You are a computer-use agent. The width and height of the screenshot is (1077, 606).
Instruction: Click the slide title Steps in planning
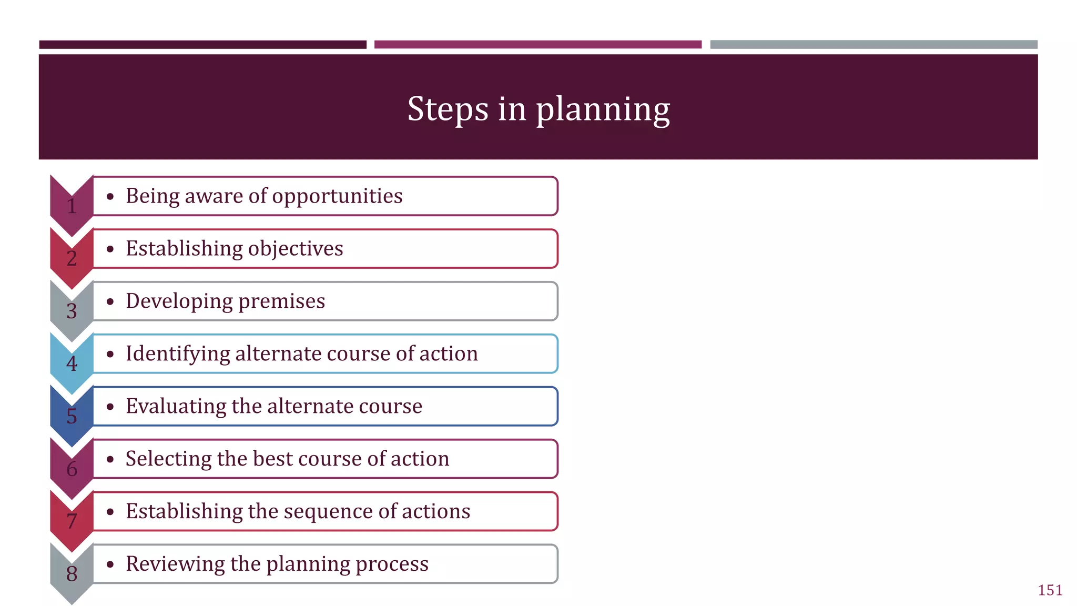tap(538, 109)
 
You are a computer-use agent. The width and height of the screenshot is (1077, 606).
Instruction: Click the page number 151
tap(1050, 590)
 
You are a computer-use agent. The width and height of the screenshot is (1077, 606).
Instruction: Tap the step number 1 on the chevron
tap(72, 206)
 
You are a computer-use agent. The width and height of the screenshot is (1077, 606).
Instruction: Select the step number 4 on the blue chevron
tap(72, 363)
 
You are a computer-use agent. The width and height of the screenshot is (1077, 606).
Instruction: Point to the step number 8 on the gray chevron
tap(72, 574)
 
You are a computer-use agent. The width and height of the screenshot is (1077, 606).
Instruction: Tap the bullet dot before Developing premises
tap(110, 302)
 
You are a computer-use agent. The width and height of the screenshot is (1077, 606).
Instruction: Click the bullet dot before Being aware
tap(110, 197)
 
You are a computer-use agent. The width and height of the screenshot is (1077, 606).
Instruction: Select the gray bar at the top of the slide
tap(873, 45)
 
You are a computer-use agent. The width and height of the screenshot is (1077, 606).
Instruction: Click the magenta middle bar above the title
tap(537, 45)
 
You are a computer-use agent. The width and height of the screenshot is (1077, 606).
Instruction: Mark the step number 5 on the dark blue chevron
tap(72, 416)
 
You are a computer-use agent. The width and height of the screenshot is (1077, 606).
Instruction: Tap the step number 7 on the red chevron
tap(72, 521)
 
